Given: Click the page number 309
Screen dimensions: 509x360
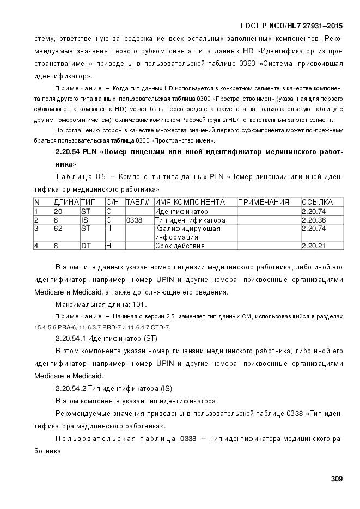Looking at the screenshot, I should [336, 479].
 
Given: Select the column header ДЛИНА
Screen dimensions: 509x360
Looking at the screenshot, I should [66, 202].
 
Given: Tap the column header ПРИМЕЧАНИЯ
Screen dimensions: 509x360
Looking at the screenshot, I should [263, 202].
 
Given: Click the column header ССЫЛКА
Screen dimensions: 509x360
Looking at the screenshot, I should [317, 202].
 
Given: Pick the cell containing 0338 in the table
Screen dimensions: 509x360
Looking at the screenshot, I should [133, 220].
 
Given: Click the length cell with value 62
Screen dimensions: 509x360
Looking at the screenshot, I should [57, 229].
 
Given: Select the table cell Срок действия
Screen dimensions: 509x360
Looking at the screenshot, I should [172, 246].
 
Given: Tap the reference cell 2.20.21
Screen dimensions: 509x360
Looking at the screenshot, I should [314, 246].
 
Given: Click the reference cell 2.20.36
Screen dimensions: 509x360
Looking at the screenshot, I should [314, 220].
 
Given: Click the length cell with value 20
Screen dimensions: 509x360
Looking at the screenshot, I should [58, 211].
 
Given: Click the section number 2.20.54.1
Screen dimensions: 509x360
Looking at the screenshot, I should [73, 339].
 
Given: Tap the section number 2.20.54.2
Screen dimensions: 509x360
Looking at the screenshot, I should [73, 389].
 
